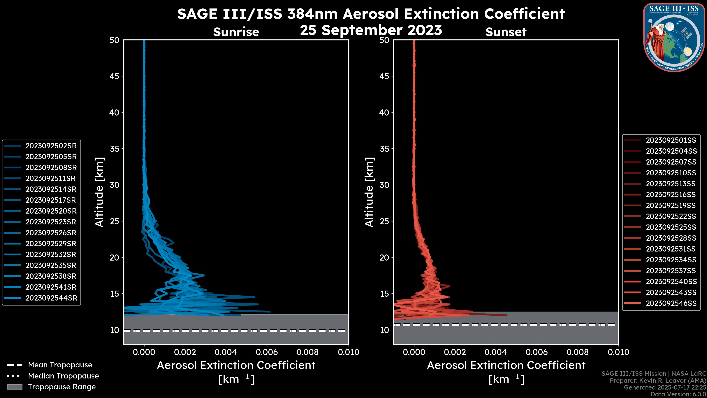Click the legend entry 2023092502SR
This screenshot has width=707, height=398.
click(51, 146)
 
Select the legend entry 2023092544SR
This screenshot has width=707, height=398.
click(51, 298)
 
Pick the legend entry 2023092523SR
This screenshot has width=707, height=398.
click(51, 222)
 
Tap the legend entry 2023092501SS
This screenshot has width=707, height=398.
click(671, 140)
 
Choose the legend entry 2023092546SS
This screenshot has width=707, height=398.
click(671, 303)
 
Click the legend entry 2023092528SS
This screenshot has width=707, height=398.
click(671, 238)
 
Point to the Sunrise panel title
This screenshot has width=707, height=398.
click(236, 32)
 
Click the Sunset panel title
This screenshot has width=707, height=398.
click(506, 32)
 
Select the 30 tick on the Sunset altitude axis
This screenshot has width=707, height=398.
click(384, 185)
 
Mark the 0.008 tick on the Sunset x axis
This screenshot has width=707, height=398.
click(578, 352)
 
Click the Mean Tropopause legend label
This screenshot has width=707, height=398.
click(60, 365)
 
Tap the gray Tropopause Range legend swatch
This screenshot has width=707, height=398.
click(15, 387)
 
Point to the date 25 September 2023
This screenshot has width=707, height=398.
click(371, 30)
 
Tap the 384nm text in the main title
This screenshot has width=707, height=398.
click(312, 14)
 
